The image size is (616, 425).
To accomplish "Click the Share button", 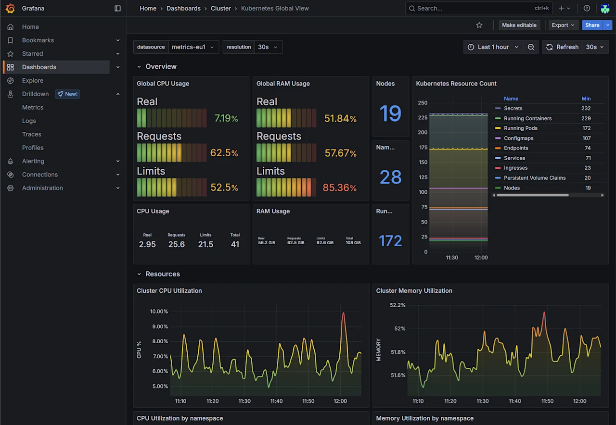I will [x=592, y=25].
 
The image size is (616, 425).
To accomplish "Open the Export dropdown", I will [x=563, y=25].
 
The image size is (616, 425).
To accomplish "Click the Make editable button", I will [x=519, y=25].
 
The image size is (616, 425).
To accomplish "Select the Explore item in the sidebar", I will [x=33, y=81].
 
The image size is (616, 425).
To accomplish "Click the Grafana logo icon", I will [x=10, y=8].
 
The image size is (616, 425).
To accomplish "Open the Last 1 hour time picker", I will [x=493, y=47].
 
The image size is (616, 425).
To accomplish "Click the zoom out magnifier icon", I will [x=531, y=47].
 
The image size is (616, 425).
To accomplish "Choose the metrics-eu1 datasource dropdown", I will [x=192, y=47].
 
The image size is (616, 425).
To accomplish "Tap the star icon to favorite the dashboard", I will [x=479, y=25].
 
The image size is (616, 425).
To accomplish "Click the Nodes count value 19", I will [x=390, y=113].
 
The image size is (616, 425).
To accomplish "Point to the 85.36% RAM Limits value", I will [x=339, y=187].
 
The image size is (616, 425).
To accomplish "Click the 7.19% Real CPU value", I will [x=226, y=118].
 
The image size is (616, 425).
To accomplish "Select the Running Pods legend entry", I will [x=520, y=128].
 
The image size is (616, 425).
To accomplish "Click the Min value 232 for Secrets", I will [x=586, y=109].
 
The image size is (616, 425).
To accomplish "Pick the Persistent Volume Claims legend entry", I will [x=534, y=178].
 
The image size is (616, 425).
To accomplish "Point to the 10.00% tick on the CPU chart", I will [x=159, y=312].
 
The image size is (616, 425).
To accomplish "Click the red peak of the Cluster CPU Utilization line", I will [x=344, y=313].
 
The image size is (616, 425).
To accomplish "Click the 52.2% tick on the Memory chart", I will [x=398, y=305].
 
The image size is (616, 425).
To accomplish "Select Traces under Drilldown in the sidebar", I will [x=32, y=135].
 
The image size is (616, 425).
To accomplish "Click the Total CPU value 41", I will [x=235, y=244].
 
